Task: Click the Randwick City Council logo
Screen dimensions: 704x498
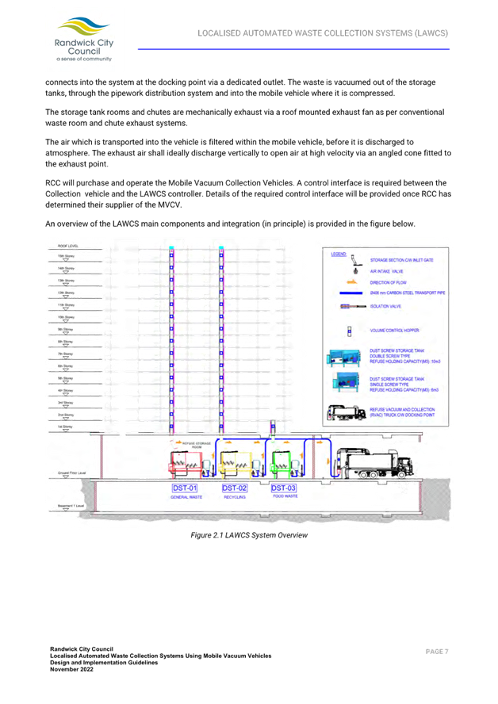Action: coord(79,40)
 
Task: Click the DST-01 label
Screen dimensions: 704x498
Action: coord(184,488)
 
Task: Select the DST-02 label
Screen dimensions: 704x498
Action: coord(234,488)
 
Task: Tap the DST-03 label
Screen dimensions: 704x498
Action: coord(283,488)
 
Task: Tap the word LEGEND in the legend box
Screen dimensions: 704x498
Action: coord(339,254)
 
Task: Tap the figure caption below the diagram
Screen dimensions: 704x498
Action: coord(248,536)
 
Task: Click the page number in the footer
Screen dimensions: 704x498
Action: coord(437,651)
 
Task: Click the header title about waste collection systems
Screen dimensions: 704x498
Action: coord(323,33)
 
